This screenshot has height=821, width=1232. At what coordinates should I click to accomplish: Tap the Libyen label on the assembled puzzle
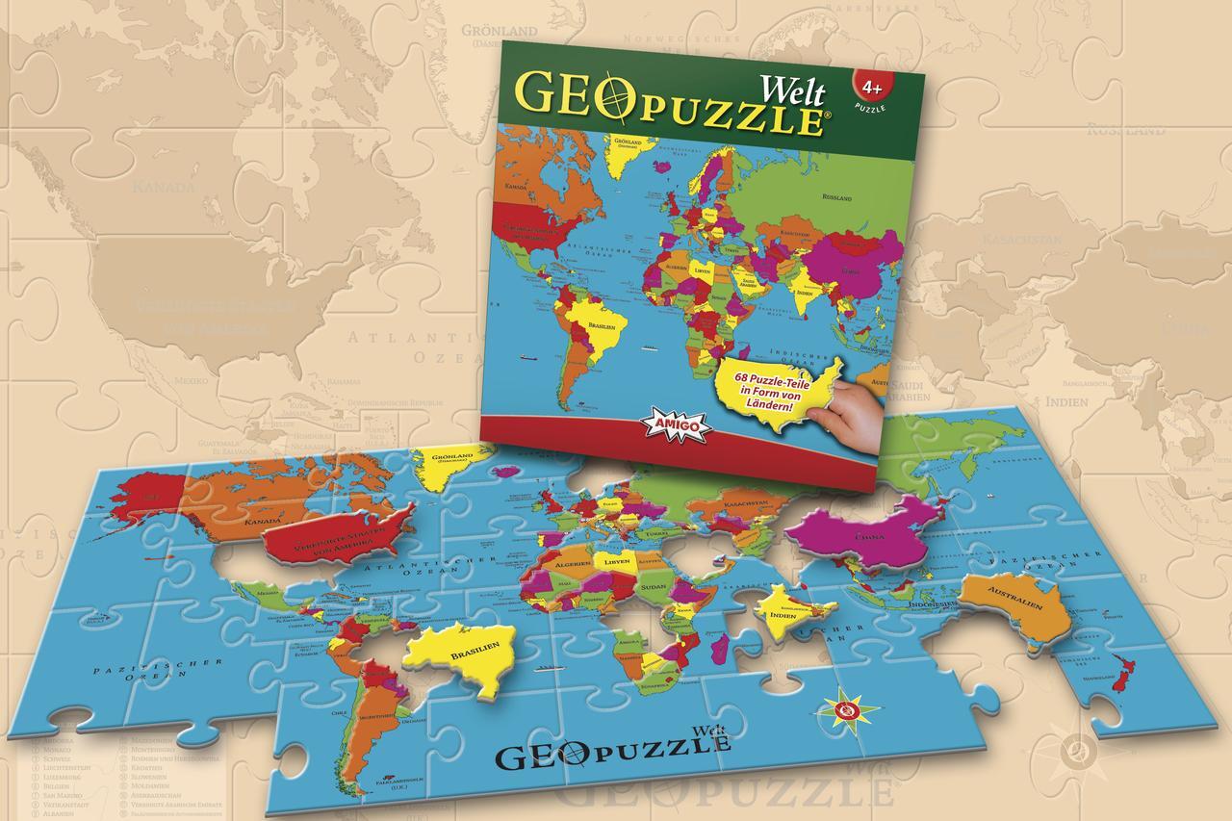[615, 559]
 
